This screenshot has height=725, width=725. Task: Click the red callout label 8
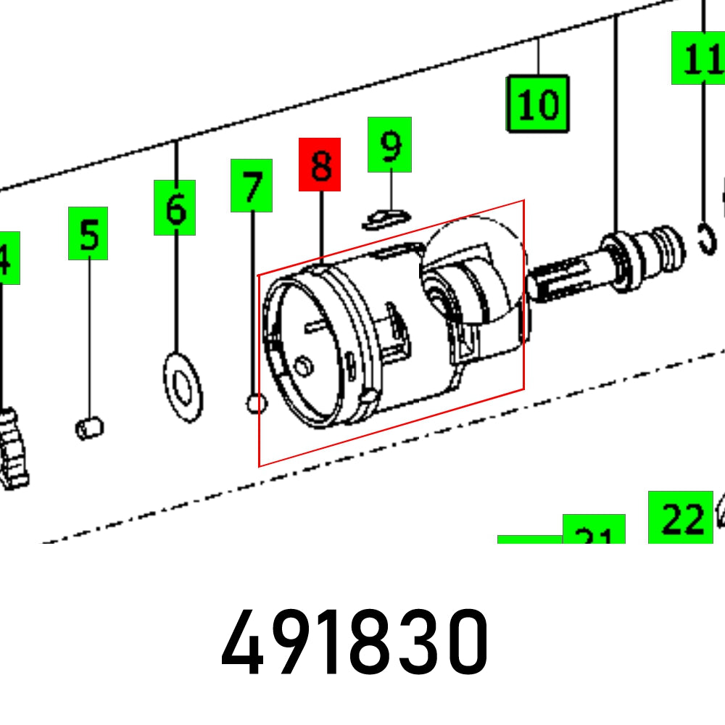[x=320, y=165]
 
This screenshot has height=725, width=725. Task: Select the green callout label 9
[x=389, y=145]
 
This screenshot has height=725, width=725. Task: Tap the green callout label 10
[x=537, y=104]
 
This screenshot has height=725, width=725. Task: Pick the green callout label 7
[x=252, y=186]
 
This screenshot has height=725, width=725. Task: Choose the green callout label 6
[x=175, y=207]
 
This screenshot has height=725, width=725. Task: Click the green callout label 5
[x=88, y=233]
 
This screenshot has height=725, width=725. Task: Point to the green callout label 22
[x=680, y=517]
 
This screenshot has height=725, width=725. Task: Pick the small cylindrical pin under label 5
[x=90, y=428]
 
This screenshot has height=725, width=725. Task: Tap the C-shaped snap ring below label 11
[x=708, y=241]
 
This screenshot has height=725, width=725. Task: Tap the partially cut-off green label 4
[x=7, y=258]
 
